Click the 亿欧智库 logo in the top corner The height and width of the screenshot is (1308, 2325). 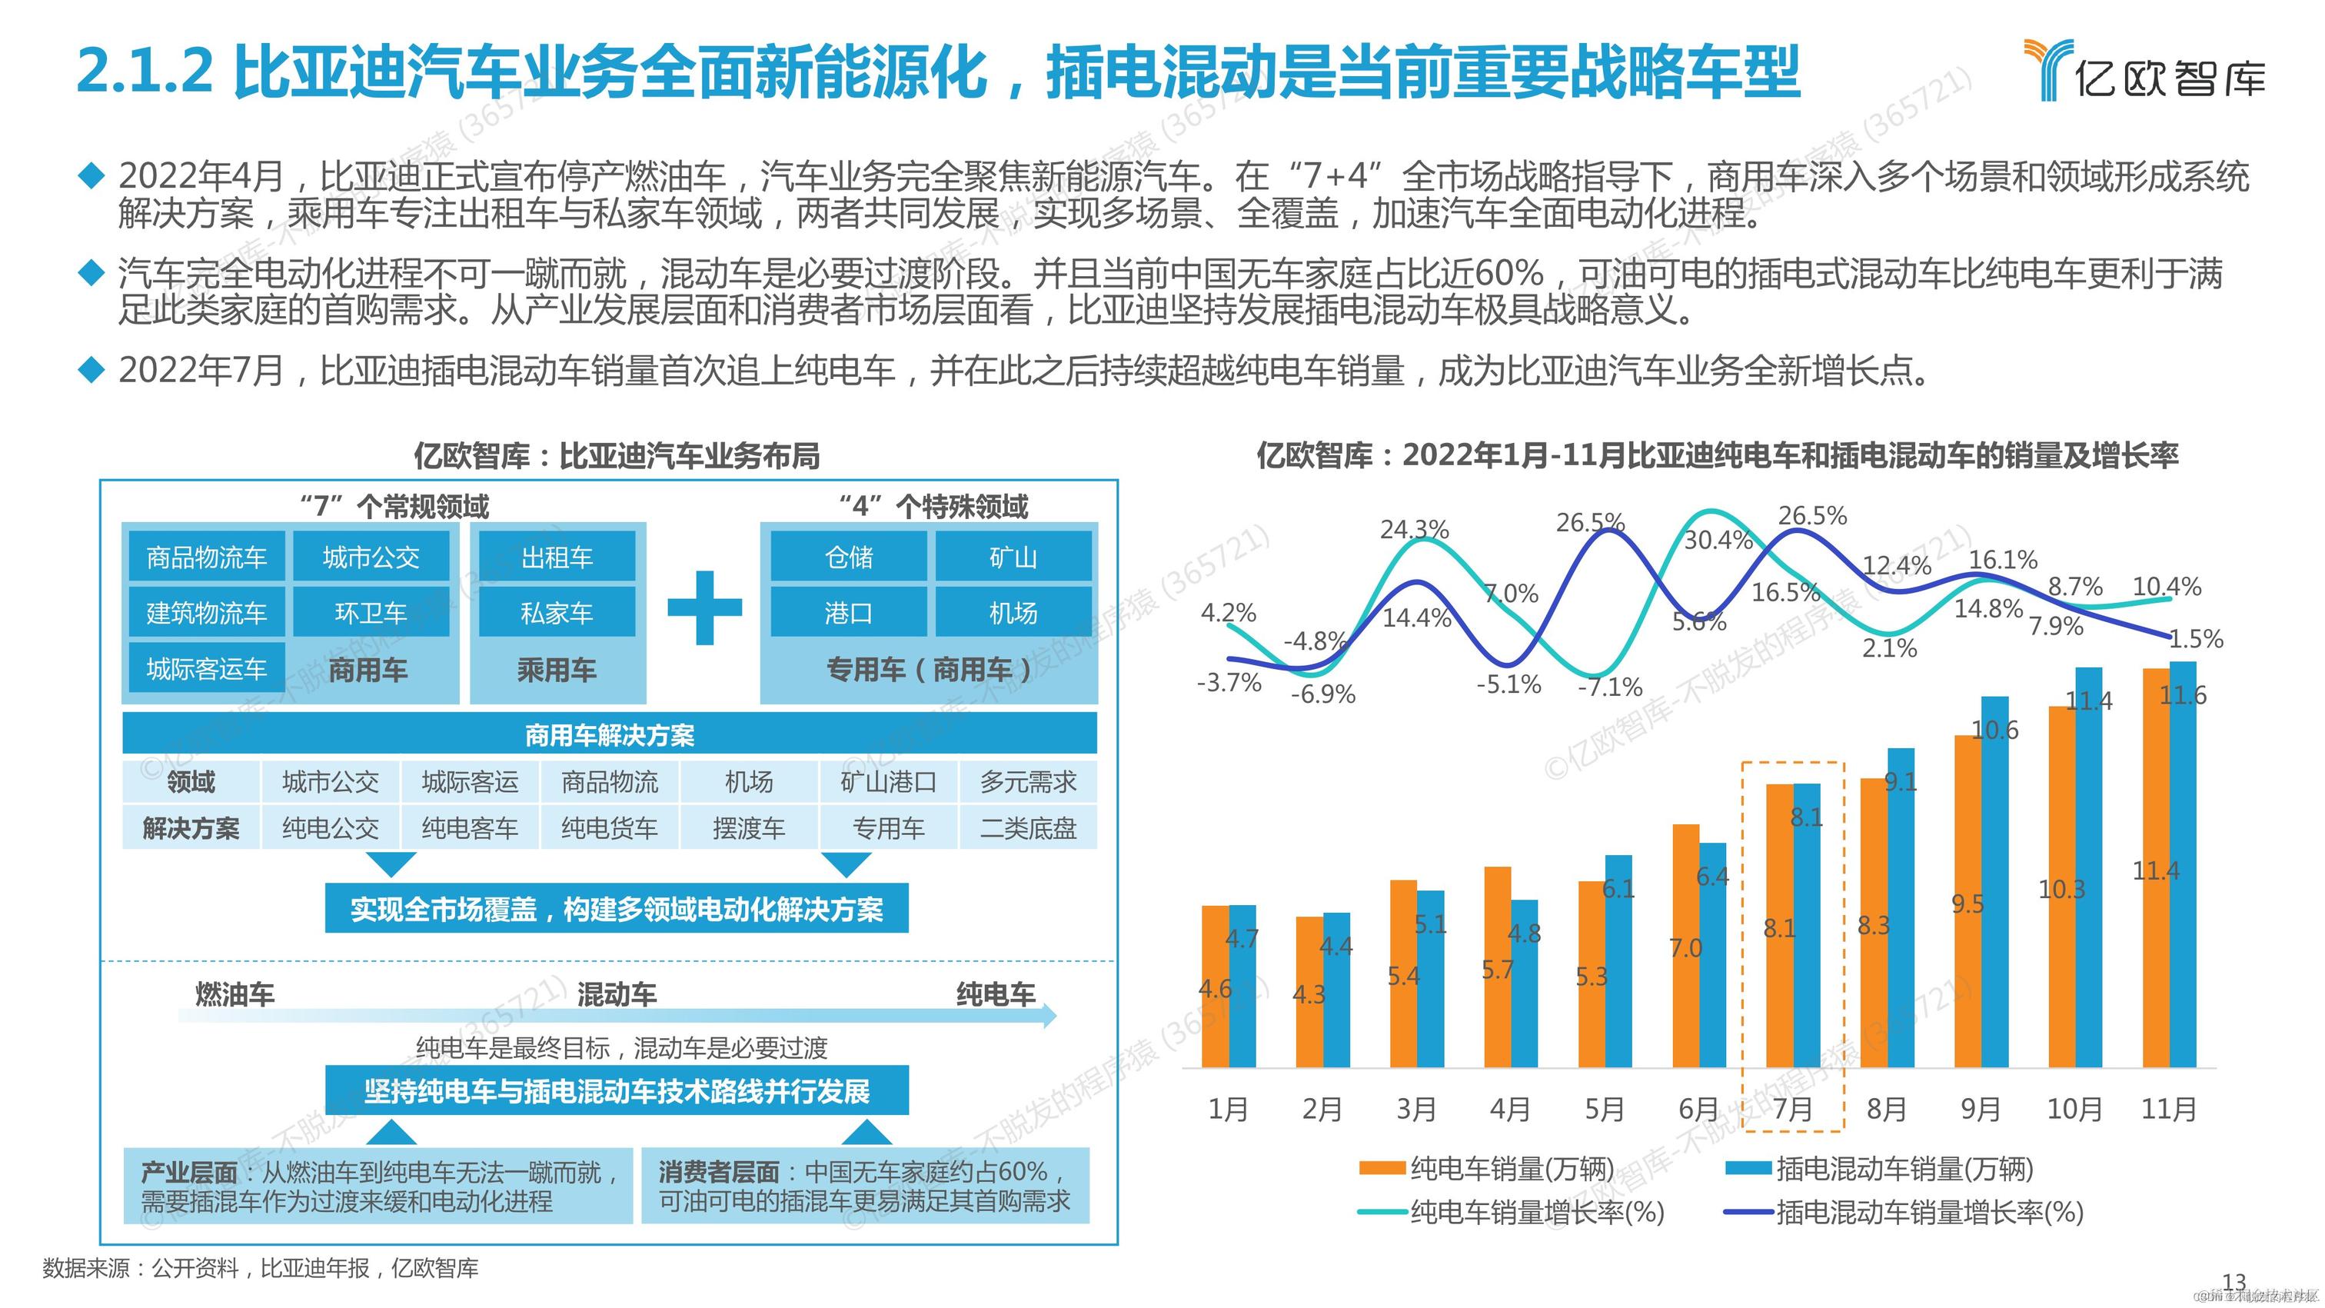(x=2143, y=71)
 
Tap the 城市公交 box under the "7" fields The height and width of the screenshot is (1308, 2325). (x=371, y=557)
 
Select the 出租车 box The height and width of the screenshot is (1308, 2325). (x=557, y=557)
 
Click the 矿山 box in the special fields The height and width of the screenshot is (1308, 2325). (x=1013, y=557)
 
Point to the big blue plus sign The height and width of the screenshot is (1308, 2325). (x=704, y=607)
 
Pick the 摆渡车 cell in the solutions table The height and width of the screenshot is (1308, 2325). (x=749, y=827)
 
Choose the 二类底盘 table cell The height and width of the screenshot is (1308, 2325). (x=1028, y=827)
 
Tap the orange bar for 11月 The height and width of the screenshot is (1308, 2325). (x=2155, y=867)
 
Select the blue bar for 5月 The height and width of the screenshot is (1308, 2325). (x=1618, y=961)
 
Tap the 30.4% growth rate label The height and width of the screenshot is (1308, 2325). (x=1718, y=540)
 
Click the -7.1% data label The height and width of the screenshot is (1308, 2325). (x=1609, y=687)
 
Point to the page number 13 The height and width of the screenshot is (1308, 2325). (x=2234, y=1281)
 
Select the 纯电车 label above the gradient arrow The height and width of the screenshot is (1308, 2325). (x=996, y=993)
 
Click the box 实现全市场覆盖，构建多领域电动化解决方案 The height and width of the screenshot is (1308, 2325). (x=617, y=909)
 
